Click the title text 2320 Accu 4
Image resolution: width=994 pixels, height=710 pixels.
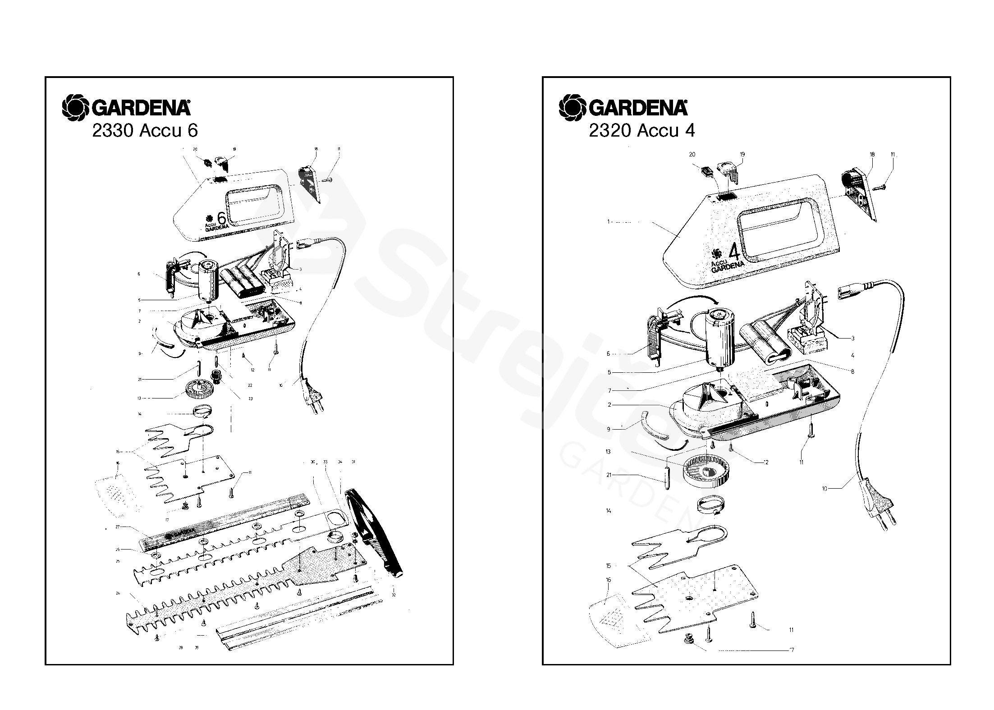coord(641,131)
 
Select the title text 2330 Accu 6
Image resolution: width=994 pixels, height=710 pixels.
coord(145,131)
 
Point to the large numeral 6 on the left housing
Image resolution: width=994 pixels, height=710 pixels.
coord(222,218)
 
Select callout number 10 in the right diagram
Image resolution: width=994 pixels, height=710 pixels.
coord(824,488)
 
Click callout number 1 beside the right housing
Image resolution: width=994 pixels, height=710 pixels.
coord(609,222)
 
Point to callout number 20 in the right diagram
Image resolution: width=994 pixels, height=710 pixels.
coord(692,155)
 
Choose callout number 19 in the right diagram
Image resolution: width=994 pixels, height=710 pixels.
coord(742,155)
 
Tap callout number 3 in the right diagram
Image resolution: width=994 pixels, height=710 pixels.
coord(852,338)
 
